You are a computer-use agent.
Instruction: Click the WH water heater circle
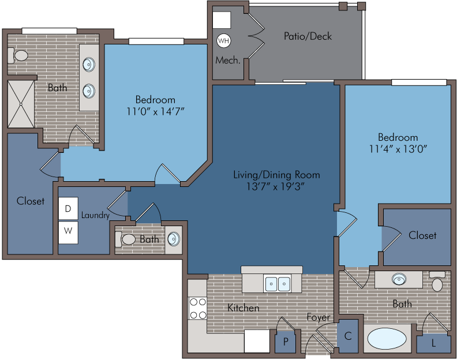pos(223,40)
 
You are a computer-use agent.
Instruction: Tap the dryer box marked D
pos(68,208)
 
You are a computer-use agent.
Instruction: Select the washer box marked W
pos(68,232)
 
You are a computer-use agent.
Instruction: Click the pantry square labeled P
pos(286,342)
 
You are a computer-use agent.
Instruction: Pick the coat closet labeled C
pos(348,336)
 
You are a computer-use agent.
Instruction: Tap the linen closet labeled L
pos(434,343)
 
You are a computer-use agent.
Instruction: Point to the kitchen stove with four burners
pos(198,308)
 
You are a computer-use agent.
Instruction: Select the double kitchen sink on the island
pos(277,283)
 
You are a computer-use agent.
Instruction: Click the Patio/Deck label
pos(308,36)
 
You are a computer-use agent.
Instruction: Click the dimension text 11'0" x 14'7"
pos(156,111)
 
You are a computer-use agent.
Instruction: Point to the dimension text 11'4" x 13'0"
pos(398,149)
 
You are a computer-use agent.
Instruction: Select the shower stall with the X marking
pos(21,104)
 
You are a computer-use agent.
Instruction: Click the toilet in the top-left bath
pos(18,55)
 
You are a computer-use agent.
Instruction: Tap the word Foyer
pos(319,317)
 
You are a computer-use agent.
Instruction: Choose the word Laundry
pos(95,215)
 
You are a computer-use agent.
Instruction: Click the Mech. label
pos(228,61)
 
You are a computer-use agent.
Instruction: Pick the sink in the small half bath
pos(174,239)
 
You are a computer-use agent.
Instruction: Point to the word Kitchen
pos(243,308)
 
